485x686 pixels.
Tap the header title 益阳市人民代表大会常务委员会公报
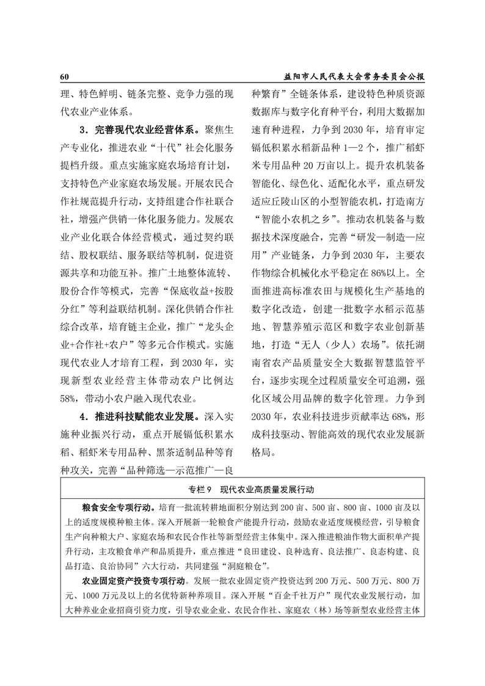pos(354,78)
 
